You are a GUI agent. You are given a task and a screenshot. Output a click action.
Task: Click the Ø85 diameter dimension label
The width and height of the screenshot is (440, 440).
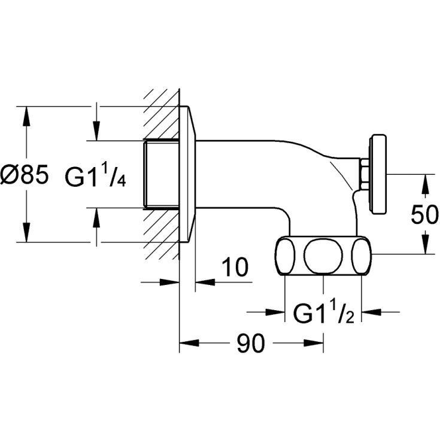pyautogui.click(x=25, y=175)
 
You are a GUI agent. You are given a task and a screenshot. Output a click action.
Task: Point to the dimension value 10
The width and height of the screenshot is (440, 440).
pyautogui.click(x=236, y=268)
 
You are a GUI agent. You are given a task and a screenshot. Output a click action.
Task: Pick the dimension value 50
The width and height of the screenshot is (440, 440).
pyautogui.click(x=424, y=214)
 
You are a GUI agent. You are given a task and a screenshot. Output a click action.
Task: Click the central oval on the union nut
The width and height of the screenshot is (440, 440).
pyautogui.click(x=323, y=256)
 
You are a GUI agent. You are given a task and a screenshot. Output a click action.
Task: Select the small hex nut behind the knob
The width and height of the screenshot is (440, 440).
pyautogui.click(x=363, y=173)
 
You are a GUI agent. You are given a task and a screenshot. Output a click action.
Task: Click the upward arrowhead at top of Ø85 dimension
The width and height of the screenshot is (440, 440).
pyautogui.click(x=26, y=115)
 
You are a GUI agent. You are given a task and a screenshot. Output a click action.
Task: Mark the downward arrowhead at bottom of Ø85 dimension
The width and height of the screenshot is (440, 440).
pyautogui.click(x=26, y=234)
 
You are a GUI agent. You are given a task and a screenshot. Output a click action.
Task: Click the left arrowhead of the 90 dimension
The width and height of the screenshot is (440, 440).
pyautogui.click(x=188, y=344)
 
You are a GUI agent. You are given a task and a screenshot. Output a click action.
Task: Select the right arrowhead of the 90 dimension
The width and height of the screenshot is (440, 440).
pyautogui.click(x=315, y=344)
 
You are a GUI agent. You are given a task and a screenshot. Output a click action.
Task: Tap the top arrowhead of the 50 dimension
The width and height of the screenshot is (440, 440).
pyautogui.click(x=424, y=183)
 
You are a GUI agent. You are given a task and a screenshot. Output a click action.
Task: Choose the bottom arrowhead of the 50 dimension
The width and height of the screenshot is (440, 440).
pyautogui.click(x=424, y=245)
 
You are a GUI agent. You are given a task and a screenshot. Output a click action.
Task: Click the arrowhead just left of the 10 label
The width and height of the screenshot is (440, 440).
pyautogui.click(x=203, y=280)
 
